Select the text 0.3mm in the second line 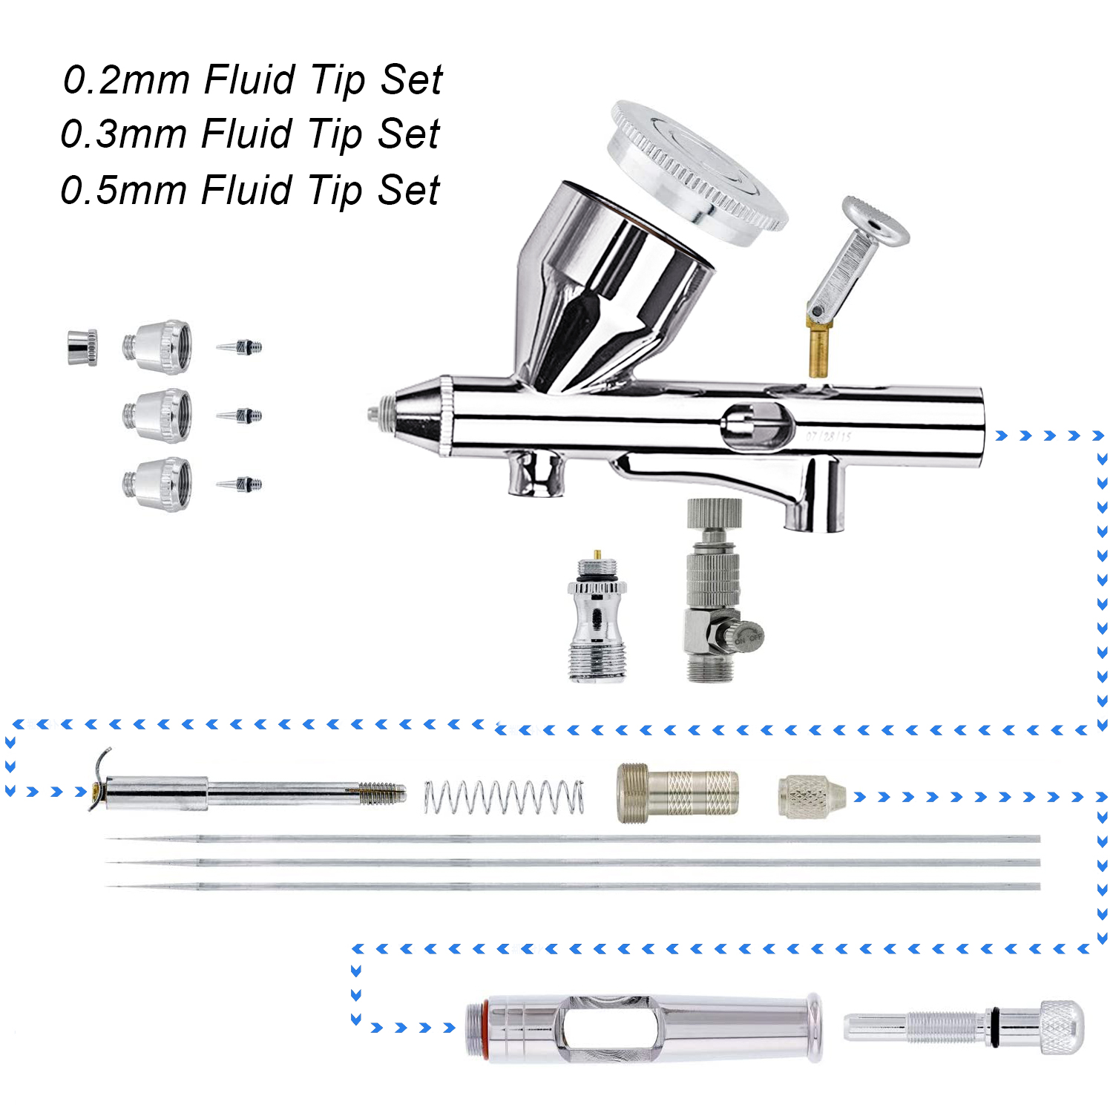click(x=125, y=134)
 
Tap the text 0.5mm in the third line click(x=125, y=190)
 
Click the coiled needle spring click(x=504, y=797)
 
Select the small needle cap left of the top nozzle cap click(x=82, y=347)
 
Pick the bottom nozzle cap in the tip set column click(x=158, y=484)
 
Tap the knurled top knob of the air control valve click(x=714, y=513)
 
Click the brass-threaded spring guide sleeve click(x=677, y=793)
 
